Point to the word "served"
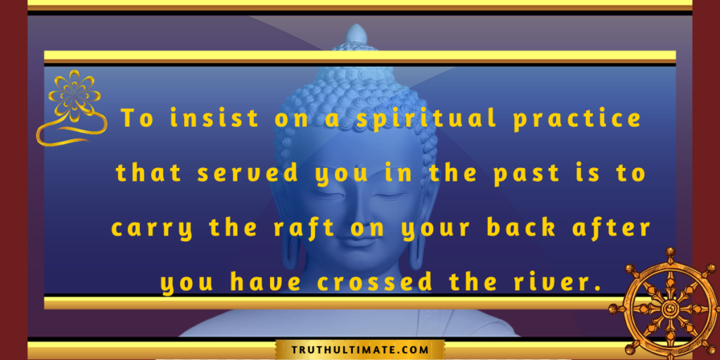tap(248, 174)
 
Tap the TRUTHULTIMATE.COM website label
tap(360, 350)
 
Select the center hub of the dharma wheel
tap(671, 305)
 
